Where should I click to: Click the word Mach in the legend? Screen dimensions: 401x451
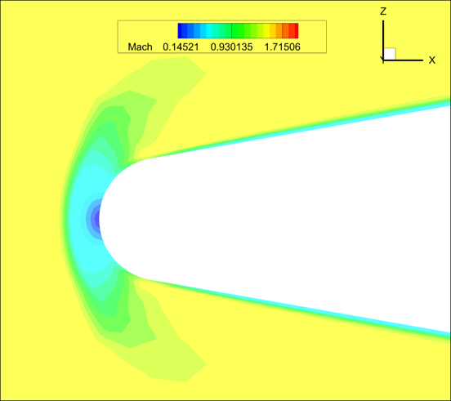click(x=140, y=47)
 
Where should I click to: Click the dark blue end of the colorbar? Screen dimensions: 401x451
click(x=181, y=31)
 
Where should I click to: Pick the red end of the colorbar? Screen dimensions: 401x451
click(x=295, y=31)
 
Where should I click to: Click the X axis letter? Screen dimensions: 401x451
click(x=431, y=60)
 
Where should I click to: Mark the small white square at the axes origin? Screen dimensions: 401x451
click(x=390, y=54)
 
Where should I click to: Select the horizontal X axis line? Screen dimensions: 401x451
click(x=404, y=60)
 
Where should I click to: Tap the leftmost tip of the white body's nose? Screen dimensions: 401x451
click(x=99, y=219)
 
